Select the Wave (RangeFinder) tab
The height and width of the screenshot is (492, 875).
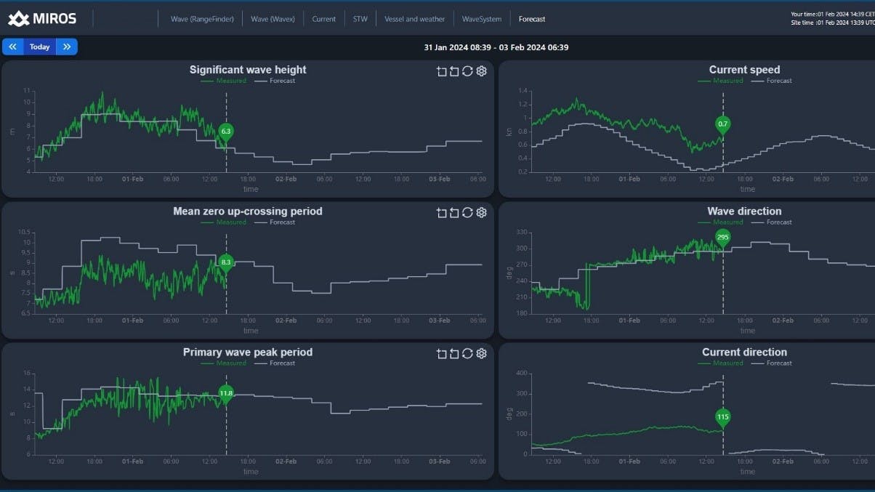[x=202, y=19]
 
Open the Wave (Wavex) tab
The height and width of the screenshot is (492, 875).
[x=273, y=19]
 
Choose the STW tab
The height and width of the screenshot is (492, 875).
[x=360, y=19]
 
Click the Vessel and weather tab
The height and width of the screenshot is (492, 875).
[x=414, y=19]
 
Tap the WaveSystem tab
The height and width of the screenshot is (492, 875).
[x=482, y=19]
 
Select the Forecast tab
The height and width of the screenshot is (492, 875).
[x=532, y=19]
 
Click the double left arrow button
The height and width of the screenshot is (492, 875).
[x=12, y=47]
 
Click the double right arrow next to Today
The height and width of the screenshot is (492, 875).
[x=67, y=47]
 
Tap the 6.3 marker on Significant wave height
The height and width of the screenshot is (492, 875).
[x=226, y=132]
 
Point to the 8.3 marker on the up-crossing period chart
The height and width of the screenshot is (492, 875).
[x=226, y=262]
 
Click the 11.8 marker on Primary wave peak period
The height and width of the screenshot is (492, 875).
[x=226, y=393]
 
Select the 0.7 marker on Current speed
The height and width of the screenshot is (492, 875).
[x=722, y=124]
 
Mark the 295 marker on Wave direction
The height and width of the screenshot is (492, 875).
[x=722, y=237]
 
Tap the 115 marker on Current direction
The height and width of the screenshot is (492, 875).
[x=722, y=417]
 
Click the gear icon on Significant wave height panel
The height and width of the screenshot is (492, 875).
[x=481, y=71]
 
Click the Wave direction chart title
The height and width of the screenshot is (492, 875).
[x=744, y=211]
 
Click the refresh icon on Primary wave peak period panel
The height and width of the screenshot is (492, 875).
[x=467, y=354]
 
